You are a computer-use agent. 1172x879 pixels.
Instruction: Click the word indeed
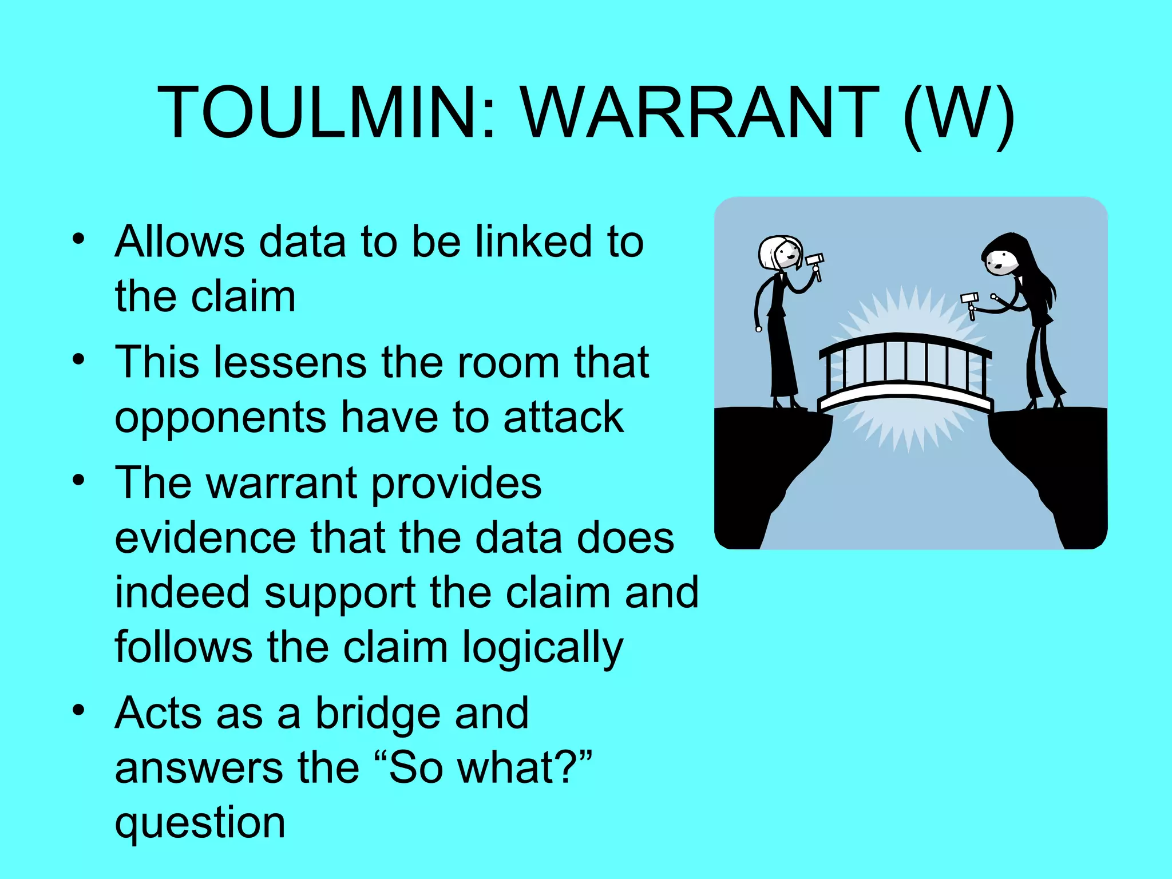(182, 592)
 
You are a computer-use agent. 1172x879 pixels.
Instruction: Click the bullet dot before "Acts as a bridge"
(78, 710)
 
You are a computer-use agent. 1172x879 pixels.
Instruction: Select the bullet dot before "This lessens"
(78, 359)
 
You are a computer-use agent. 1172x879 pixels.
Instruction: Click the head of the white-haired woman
(780, 253)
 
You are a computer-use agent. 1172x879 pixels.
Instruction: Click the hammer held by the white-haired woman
(815, 263)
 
